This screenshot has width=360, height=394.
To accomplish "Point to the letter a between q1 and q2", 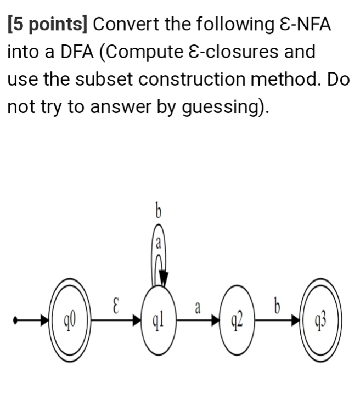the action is click(197, 308).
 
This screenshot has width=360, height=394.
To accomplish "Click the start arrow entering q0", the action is click(33, 319).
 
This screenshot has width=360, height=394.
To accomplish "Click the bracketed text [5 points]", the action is click(48, 25).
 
